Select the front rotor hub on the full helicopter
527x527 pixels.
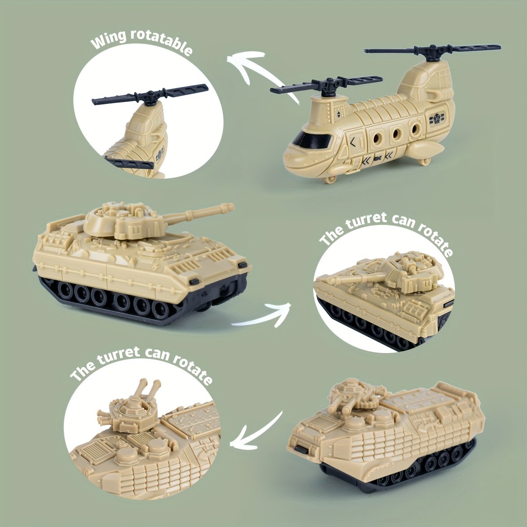pos(326,85)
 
